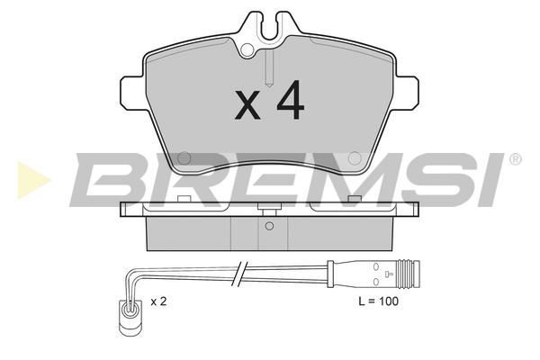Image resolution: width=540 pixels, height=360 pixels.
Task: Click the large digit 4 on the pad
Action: [x=291, y=100]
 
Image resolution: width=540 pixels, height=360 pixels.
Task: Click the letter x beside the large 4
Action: [x=247, y=105]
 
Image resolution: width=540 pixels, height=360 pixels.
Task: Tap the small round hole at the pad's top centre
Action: [x=247, y=49]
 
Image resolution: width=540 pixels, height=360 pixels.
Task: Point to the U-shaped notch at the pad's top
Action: [x=270, y=28]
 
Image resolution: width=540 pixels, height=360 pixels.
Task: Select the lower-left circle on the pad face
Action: [x=184, y=158]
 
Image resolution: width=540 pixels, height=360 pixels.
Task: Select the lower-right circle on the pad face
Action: [x=355, y=158]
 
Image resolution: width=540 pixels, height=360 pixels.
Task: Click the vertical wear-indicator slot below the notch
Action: [x=270, y=67]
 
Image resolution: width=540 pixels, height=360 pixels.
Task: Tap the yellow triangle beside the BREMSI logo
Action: [x=32, y=180]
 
